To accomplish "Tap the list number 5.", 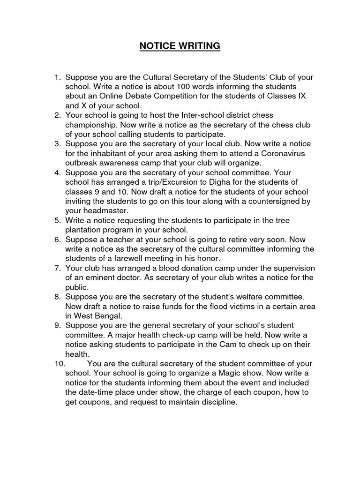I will point(58,220).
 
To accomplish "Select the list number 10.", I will point(60,364).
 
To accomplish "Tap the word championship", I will point(91,125).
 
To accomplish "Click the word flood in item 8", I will point(222,307).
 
